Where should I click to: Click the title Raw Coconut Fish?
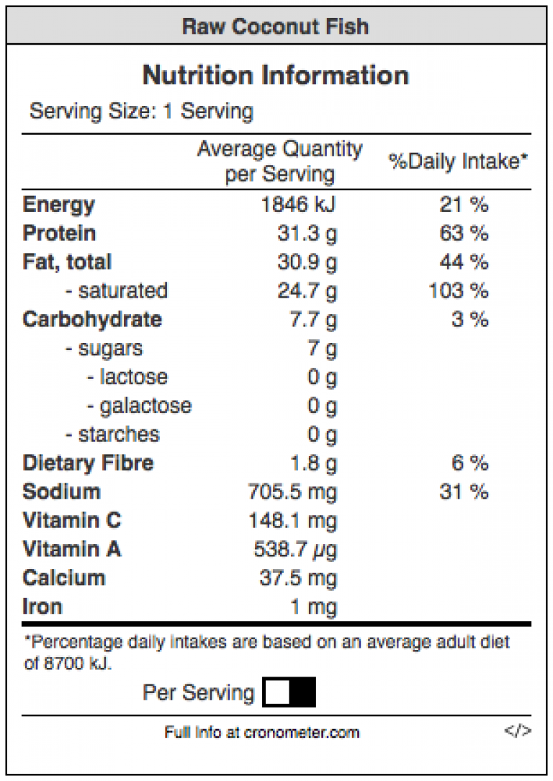(x=276, y=27)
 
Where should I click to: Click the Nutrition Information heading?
(x=276, y=76)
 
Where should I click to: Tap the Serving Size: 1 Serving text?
(x=141, y=112)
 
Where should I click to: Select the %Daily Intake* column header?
(x=459, y=161)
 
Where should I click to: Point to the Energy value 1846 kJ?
(x=298, y=205)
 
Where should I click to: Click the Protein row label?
(x=59, y=233)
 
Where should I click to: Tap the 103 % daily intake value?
(x=459, y=291)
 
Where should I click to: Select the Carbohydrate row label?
(x=92, y=320)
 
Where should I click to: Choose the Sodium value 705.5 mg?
(x=292, y=492)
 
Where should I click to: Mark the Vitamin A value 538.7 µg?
(x=295, y=550)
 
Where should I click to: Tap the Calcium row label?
(x=64, y=578)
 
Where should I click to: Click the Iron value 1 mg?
(x=313, y=607)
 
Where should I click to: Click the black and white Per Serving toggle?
(x=289, y=693)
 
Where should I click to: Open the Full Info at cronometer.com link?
(x=261, y=733)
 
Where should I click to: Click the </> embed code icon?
(x=518, y=731)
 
